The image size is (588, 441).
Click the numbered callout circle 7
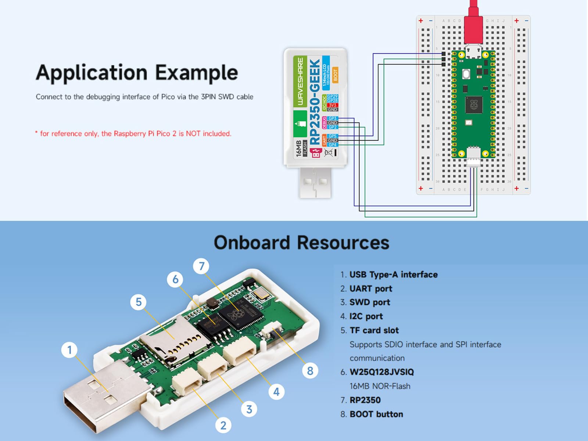[201, 266]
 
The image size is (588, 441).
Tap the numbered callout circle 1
[69, 350]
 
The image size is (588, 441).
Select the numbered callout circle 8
[310, 371]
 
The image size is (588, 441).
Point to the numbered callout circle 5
[139, 302]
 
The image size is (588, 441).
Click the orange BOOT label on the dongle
[335, 75]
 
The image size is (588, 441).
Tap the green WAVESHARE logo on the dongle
[300, 81]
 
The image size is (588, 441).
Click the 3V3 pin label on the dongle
[332, 105]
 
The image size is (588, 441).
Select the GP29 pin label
[332, 96]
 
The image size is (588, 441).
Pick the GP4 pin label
[332, 145]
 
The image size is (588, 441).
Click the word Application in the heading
[93, 73]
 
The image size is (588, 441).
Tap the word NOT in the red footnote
[193, 134]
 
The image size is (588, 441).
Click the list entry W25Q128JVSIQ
[381, 372]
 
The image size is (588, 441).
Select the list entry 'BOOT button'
[376, 414]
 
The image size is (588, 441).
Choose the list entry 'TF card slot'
[374, 330]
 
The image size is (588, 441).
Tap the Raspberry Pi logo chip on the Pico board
[473, 105]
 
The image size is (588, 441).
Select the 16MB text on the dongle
[298, 148]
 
